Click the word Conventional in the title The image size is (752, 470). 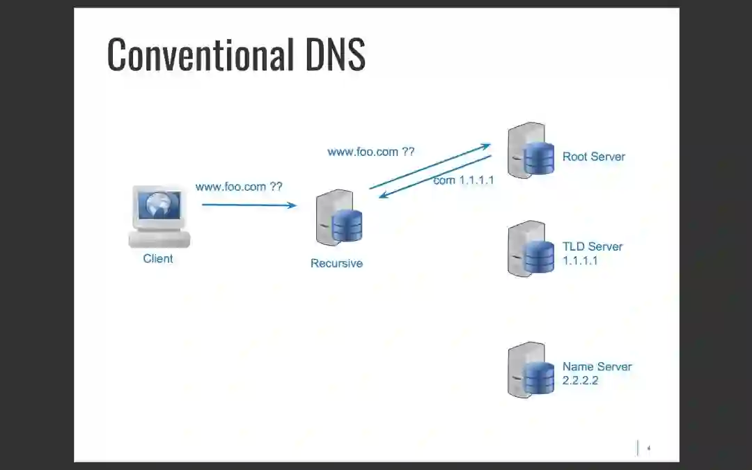click(x=201, y=54)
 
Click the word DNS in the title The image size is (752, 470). click(x=335, y=54)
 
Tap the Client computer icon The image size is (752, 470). click(x=159, y=217)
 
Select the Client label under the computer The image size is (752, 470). click(x=158, y=259)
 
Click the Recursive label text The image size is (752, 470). click(x=336, y=264)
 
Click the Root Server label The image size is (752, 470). click(x=594, y=157)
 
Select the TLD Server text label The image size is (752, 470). click(x=593, y=246)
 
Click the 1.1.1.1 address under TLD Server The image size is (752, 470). click(x=580, y=261)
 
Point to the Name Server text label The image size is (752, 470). click(x=597, y=367)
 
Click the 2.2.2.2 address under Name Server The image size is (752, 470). click(x=580, y=381)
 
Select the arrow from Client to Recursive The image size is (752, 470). click(x=249, y=205)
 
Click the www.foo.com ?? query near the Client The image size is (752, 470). click(x=239, y=187)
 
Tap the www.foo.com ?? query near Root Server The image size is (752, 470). click(x=370, y=151)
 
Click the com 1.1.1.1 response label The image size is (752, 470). click(x=464, y=180)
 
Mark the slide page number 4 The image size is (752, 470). click(x=648, y=448)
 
